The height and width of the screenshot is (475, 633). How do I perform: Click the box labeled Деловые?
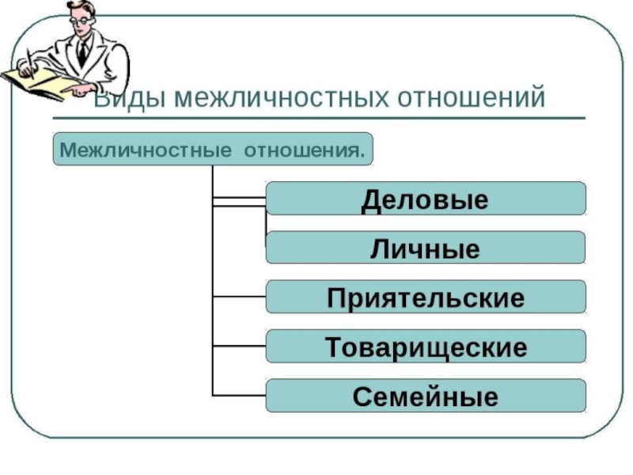coord(426,199)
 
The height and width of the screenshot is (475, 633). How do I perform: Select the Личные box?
coord(426,248)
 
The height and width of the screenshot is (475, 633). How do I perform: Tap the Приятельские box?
coord(426,297)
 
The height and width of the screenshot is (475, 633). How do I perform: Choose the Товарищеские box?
coord(426,347)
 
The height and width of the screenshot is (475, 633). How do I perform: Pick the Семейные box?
coord(426,395)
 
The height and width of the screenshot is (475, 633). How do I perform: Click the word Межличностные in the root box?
coord(138,149)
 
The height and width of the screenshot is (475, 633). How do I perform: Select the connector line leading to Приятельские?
coord(239,297)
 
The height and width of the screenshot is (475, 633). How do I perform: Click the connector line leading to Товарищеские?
coord(239,347)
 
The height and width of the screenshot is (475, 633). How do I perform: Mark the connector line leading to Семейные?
coord(239,395)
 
